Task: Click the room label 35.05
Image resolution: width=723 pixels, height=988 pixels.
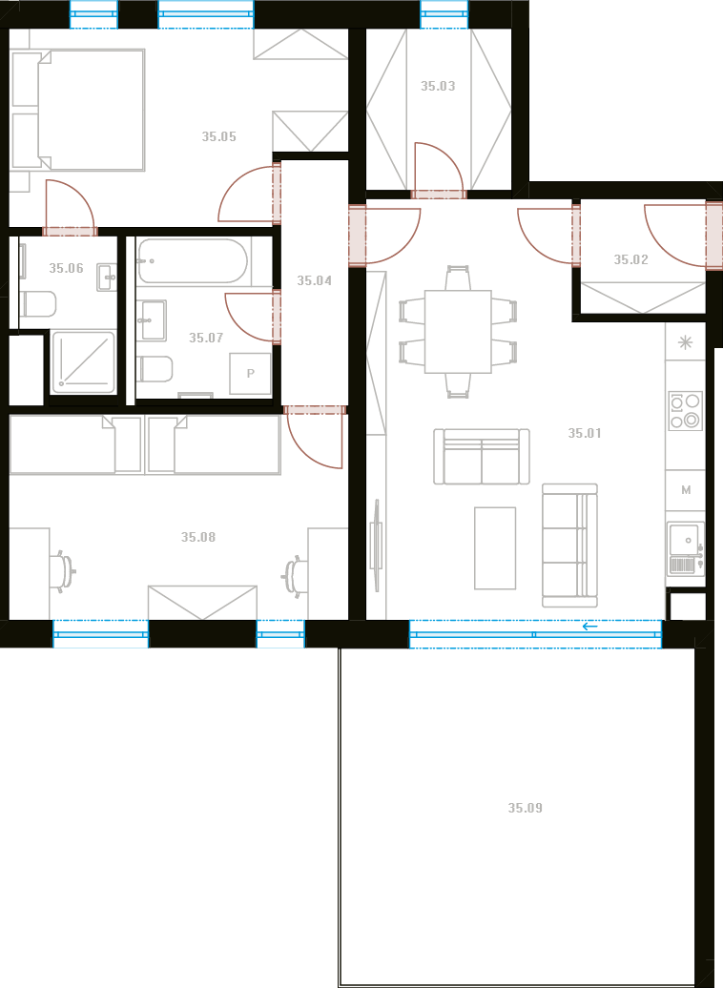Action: (x=218, y=136)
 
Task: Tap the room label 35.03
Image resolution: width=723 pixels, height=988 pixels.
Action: (x=438, y=86)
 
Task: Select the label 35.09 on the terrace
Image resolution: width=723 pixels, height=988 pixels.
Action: (x=525, y=808)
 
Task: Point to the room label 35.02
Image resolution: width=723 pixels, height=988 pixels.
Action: (x=631, y=259)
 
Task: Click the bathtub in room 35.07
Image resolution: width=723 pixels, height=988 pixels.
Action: (x=193, y=261)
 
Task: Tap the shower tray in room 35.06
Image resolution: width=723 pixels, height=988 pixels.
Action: (x=83, y=362)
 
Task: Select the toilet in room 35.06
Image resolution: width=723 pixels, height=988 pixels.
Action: (x=38, y=304)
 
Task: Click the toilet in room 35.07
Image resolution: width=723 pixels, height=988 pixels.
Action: (x=155, y=369)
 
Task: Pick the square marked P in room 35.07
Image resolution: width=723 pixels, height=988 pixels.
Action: (x=250, y=374)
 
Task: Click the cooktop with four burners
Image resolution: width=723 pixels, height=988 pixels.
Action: (x=685, y=411)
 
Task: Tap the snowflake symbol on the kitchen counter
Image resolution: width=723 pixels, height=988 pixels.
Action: (x=685, y=342)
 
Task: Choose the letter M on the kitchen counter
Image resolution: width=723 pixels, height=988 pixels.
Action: (x=686, y=489)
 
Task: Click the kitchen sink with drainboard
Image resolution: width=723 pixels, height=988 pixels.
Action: (x=686, y=548)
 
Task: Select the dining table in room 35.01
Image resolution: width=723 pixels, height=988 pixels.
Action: (x=458, y=332)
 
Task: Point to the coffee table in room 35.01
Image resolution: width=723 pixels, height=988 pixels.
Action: (x=495, y=548)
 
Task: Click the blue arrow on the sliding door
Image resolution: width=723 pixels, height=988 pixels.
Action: (x=590, y=627)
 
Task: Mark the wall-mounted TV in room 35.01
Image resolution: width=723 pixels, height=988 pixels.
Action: (x=377, y=545)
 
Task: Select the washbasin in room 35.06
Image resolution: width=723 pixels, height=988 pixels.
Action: (x=107, y=278)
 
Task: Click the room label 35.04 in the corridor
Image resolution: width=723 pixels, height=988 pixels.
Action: (x=314, y=280)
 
